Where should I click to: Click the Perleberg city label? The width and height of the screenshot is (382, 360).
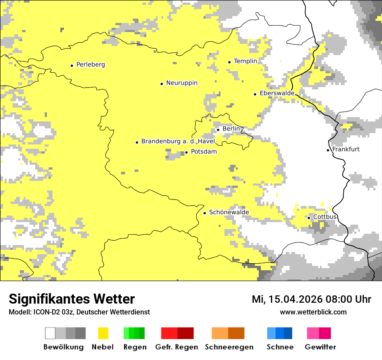(x=90, y=65)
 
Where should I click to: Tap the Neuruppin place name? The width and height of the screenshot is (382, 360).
(x=181, y=83)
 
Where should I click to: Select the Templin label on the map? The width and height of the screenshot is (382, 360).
(x=245, y=61)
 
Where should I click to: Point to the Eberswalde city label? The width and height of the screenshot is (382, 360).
(x=277, y=93)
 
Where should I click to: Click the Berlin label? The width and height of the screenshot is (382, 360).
(x=231, y=129)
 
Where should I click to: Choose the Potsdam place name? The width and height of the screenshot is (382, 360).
(x=204, y=152)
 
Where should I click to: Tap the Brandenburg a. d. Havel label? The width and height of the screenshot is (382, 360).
(x=178, y=141)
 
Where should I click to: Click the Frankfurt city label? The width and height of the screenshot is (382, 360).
(x=346, y=149)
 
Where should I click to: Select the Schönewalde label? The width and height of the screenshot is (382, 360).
(x=229, y=212)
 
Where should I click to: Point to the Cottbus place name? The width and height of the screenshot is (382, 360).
(x=325, y=217)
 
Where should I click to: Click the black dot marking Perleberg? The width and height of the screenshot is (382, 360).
(x=72, y=65)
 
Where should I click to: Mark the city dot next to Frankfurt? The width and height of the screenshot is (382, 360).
(x=328, y=150)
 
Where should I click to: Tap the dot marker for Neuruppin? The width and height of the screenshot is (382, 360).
(x=161, y=84)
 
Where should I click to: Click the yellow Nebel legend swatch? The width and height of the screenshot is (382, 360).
(x=102, y=333)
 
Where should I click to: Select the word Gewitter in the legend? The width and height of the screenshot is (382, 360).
(x=320, y=347)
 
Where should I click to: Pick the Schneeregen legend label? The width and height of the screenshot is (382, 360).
(x=229, y=347)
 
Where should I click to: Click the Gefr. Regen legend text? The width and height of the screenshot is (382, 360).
(x=176, y=347)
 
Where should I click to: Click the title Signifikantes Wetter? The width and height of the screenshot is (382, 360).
(x=72, y=299)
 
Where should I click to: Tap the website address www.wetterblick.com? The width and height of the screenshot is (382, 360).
(x=313, y=312)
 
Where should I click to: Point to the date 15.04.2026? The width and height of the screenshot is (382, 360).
(x=295, y=299)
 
